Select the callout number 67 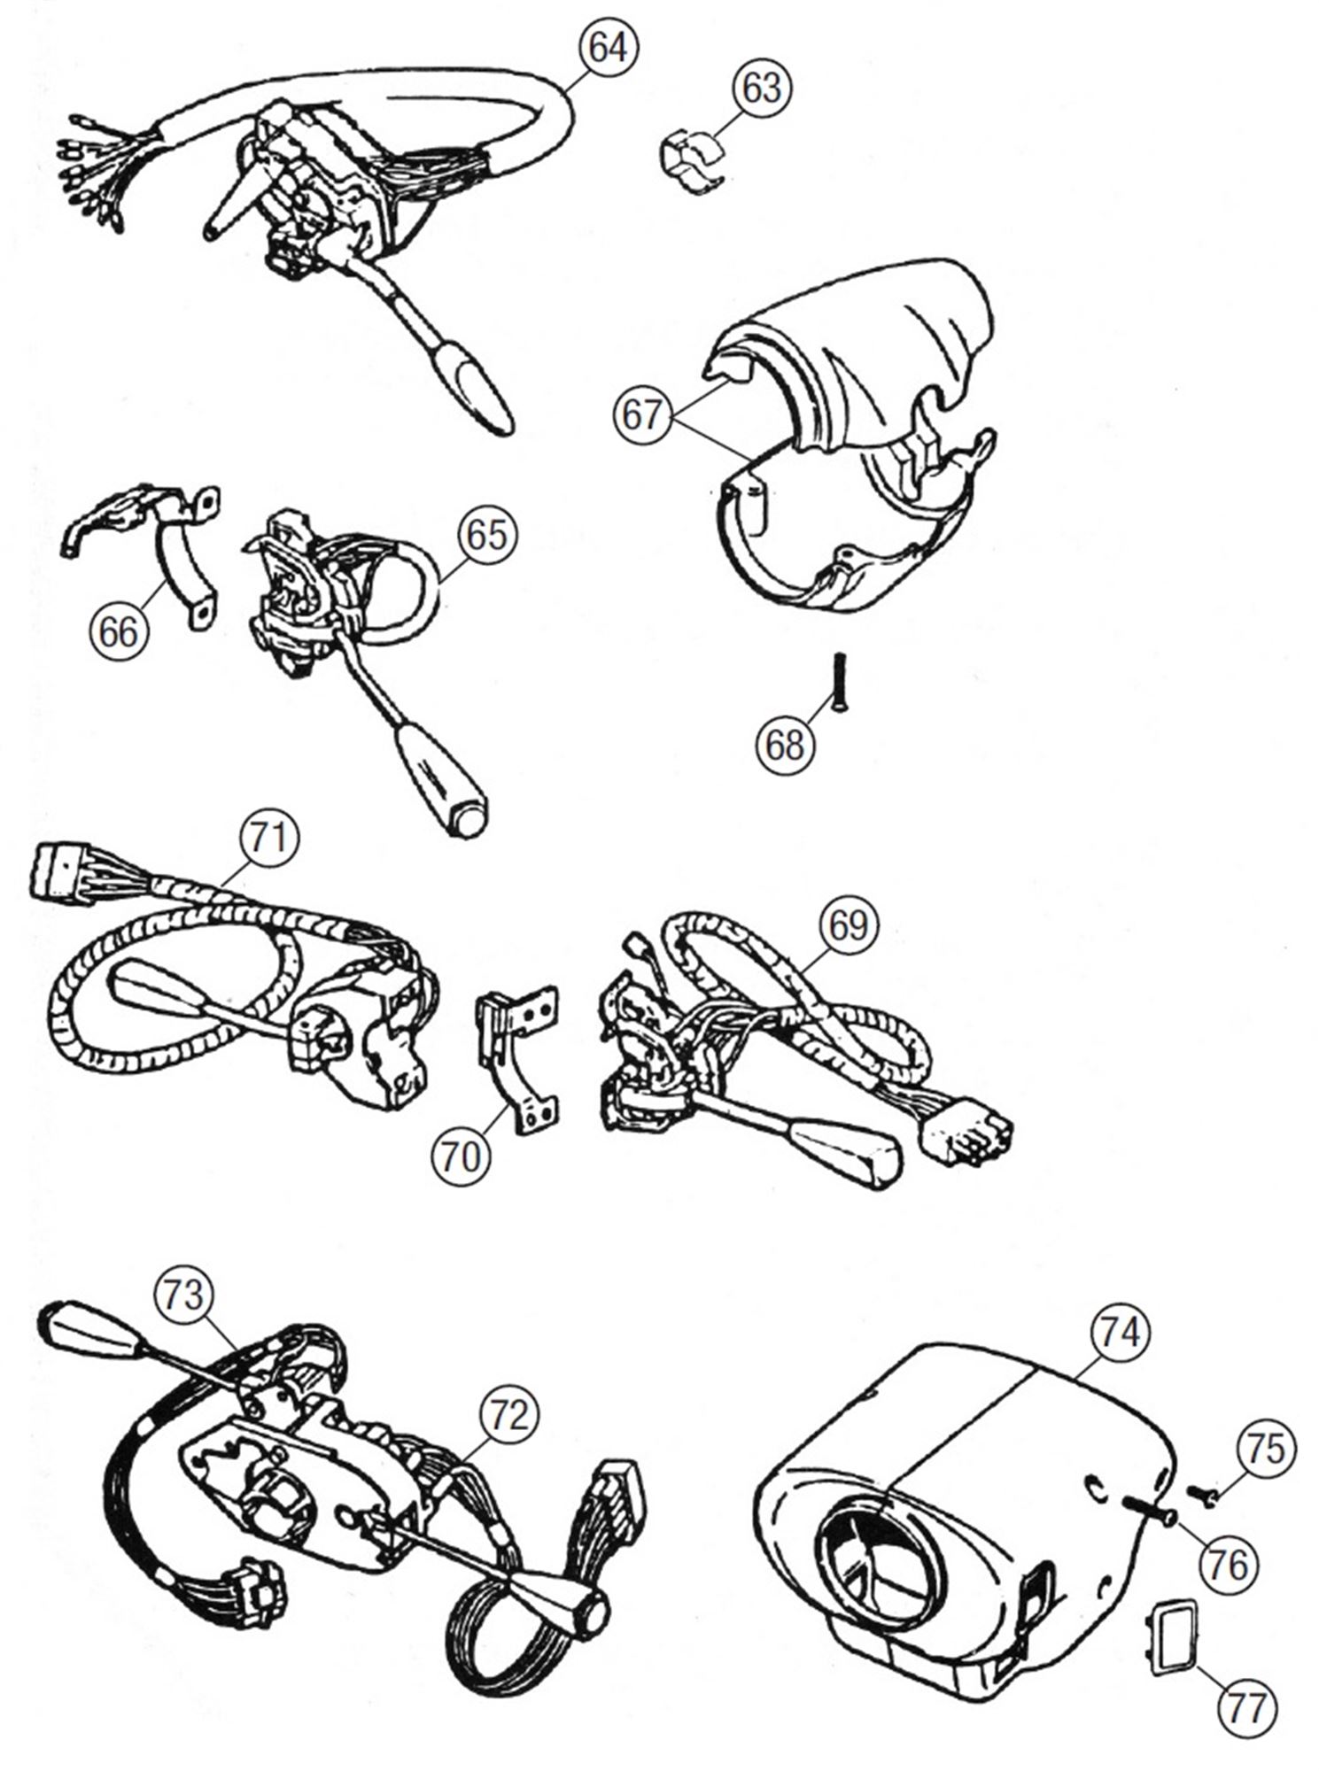[641, 414]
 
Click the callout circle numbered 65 [486, 534]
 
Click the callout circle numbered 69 [848, 925]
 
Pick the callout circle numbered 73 [182, 1295]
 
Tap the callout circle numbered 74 [1121, 1332]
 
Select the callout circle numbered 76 [1229, 1565]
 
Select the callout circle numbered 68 [785, 745]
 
